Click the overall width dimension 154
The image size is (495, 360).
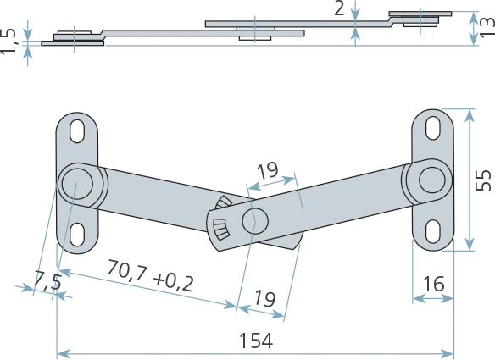pos(256,341)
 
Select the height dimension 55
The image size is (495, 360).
pos(484,180)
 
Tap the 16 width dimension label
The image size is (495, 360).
pos(434,284)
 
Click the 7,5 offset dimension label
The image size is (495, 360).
pos(47,280)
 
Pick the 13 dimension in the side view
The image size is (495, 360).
pos(487,27)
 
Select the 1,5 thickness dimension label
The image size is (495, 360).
pos(8,41)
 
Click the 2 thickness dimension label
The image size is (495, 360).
pos(339,8)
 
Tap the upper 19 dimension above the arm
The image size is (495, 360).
pos(268,171)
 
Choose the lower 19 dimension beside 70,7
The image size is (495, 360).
pos(264,298)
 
